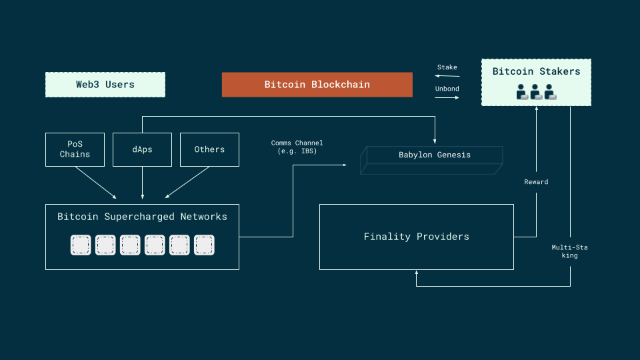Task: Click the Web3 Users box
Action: tap(105, 85)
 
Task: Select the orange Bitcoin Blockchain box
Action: tap(317, 85)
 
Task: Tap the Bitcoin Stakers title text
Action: tap(536, 71)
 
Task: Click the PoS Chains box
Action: tap(75, 149)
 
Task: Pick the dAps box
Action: tap(142, 149)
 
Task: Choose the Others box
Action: tap(209, 149)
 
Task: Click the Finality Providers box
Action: tap(416, 237)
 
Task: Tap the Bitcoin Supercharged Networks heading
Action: tap(142, 217)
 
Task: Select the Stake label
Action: tap(447, 67)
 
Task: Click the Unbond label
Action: tap(447, 89)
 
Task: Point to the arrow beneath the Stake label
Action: tap(447, 76)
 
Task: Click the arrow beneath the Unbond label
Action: tap(447, 97)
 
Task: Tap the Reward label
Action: tap(536, 182)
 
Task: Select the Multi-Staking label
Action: tap(569, 251)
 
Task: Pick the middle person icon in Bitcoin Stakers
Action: tap(536, 93)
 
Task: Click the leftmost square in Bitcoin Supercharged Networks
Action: tap(81, 245)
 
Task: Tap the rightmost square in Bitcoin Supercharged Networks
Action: tap(204, 245)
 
